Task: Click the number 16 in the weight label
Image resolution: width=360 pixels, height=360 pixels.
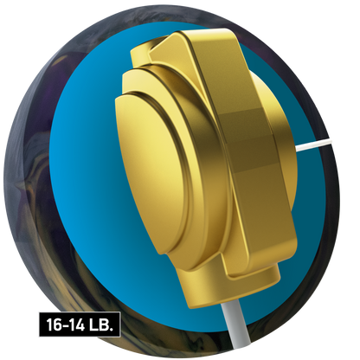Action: point(54,325)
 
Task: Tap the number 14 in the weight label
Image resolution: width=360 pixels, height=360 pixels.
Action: point(76,325)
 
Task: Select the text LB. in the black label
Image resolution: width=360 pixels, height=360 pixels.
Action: point(100,325)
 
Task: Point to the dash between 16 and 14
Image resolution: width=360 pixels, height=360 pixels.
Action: point(65,325)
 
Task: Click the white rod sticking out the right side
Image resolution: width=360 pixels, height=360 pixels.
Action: point(314,145)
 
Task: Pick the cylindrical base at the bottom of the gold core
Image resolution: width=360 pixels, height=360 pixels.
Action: point(228,286)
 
